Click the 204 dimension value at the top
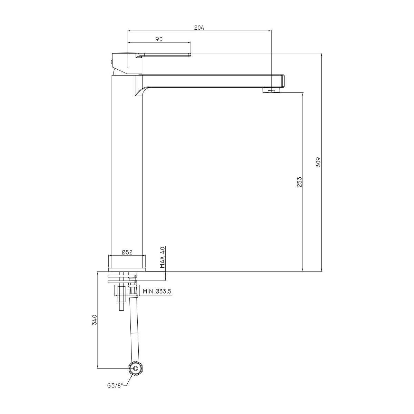coord(199,28)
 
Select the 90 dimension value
coord(159,39)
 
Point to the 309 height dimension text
coord(318,162)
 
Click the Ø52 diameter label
coord(127,252)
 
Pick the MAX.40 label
coord(162,257)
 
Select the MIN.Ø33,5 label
coord(157,291)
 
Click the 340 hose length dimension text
coord(95,320)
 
